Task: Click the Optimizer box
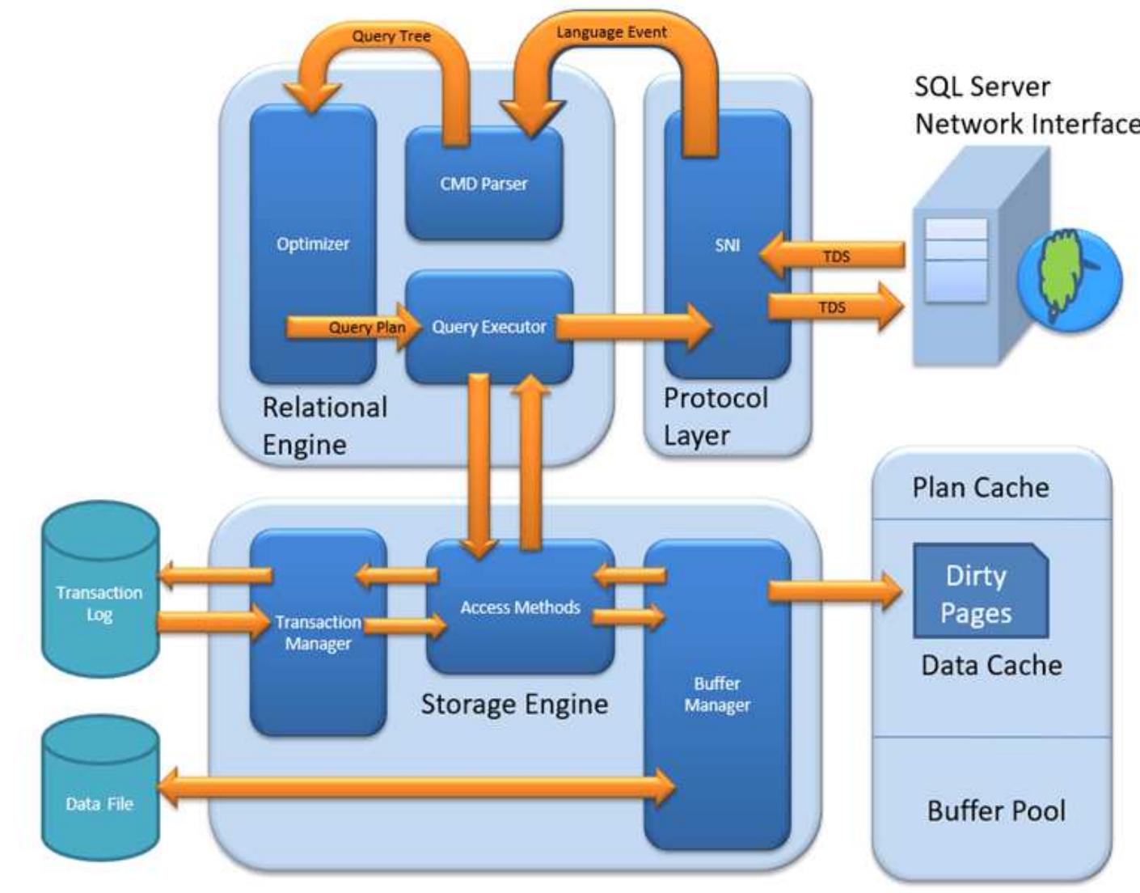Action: [x=312, y=243]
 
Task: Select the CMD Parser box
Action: [x=483, y=184]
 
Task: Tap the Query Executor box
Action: [x=488, y=327]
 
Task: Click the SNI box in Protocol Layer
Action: [x=727, y=244]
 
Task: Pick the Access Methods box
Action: [x=520, y=607]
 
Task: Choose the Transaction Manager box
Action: [x=318, y=633]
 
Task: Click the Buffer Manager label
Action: [x=716, y=694]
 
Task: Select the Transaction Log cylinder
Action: [x=99, y=603]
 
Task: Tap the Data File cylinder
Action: [x=99, y=803]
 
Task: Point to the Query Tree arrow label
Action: [x=391, y=36]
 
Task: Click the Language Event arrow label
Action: [x=611, y=32]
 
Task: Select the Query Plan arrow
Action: [x=356, y=327]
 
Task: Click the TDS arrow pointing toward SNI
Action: [x=833, y=256]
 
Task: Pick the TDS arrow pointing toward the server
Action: [x=833, y=307]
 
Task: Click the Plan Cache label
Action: [x=980, y=487]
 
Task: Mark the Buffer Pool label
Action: [x=996, y=810]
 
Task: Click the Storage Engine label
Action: [x=514, y=704]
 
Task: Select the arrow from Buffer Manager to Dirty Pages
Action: [x=833, y=590]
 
